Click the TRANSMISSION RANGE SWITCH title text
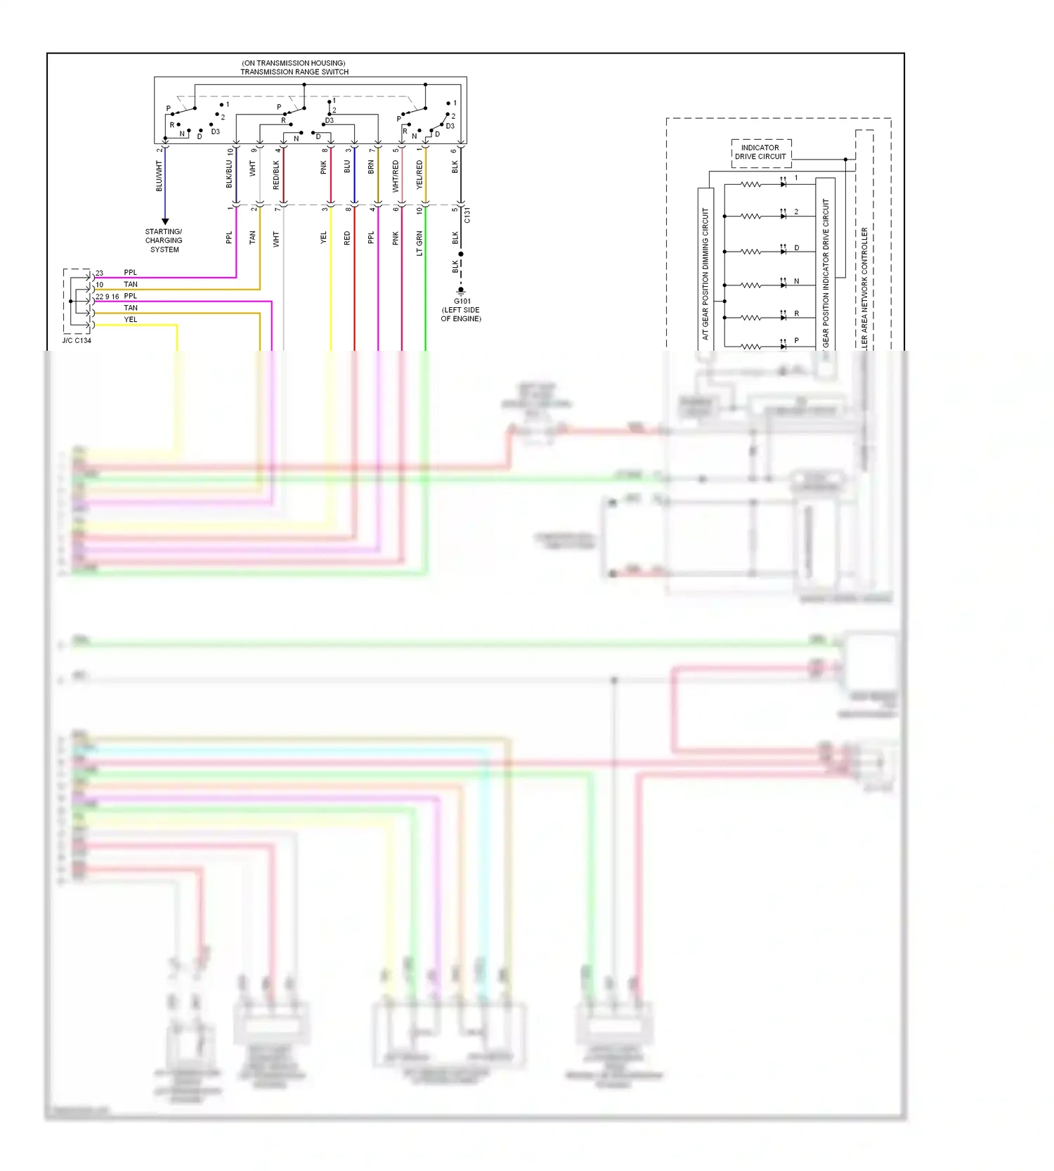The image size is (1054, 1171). [x=294, y=72]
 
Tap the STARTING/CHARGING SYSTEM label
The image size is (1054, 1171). [x=164, y=240]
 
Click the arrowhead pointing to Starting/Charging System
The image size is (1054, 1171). [x=165, y=221]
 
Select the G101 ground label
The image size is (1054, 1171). [x=462, y=301]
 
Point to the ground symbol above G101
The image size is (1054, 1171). [x=461, y=290]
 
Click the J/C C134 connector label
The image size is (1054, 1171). [x=77, y=340]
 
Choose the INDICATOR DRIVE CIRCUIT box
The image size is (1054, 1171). [x=761, y=153]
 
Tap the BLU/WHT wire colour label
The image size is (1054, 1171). [x=159, y=176]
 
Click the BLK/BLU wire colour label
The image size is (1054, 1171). [x=229, y=174]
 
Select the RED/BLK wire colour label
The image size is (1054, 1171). [x=276, y=175]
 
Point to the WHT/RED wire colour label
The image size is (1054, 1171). [x=396, y=176]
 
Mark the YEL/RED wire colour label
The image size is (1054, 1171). [x=419, y=174]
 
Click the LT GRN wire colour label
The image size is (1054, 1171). [x=419, y=243]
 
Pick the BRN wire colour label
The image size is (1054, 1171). [x=371, y=167]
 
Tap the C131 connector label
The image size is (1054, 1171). [x=467, y=216]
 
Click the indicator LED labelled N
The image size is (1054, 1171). [x=783, y=285]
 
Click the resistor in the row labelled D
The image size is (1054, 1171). [x=750, y=251]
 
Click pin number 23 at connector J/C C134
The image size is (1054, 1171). [x=99, y=273]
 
